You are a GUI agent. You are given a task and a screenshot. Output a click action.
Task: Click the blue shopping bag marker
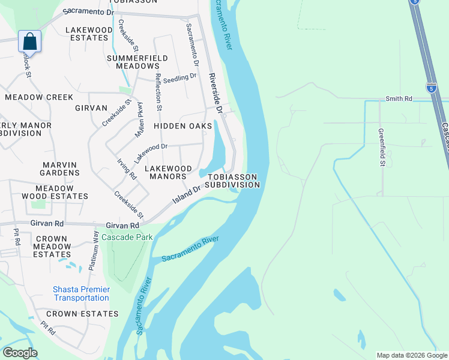[29, 42]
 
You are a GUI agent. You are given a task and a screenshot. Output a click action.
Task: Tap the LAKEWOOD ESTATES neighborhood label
[89, 34]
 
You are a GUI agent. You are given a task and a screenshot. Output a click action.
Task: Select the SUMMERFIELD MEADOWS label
[133, 62]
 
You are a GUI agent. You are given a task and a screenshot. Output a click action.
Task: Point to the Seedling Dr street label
[179, 77]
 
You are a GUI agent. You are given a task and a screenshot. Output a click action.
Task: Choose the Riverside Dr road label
[215, 94]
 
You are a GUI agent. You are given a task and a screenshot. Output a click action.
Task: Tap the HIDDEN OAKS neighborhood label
[182, 126]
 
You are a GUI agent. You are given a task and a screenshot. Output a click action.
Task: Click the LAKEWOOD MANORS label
[162, 173]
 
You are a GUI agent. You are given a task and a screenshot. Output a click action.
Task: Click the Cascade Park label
[127, 237]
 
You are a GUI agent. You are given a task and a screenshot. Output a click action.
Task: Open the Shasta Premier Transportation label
[81, 293]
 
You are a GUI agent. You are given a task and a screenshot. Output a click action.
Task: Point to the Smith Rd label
[399, 98]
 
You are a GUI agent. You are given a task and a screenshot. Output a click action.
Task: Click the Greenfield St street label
[381, 146]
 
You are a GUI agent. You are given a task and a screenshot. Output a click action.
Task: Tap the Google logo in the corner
[19, 353]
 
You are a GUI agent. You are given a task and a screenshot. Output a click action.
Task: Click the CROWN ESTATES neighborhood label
[82, 314]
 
